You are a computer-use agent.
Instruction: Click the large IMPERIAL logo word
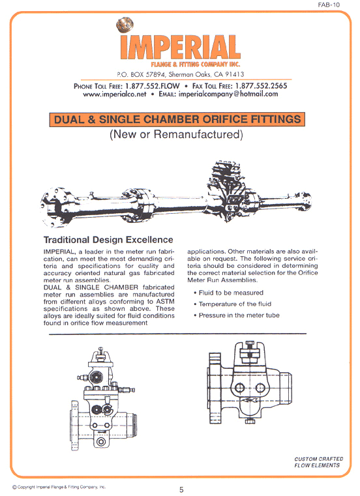(180, 46)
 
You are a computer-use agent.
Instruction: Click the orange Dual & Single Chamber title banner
(177, 119)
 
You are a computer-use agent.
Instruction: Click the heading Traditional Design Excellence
(108, 240)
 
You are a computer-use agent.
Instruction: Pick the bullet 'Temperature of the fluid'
(236, 304)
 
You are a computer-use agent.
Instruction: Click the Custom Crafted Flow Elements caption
(317, 462)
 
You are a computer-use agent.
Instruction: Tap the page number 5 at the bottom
(181, 489)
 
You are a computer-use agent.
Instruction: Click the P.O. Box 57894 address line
(179, 76)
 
